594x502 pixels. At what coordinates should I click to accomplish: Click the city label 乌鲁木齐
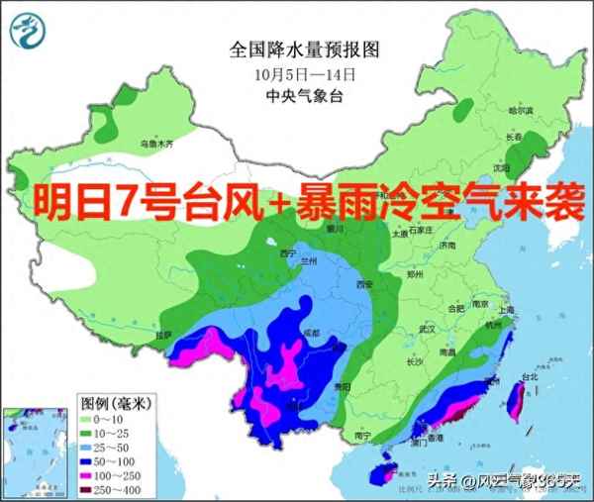(x=155, y=145)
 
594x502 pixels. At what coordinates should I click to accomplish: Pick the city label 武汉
(x=428, y=328)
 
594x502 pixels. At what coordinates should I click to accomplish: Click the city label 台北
(x=529, y=377)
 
